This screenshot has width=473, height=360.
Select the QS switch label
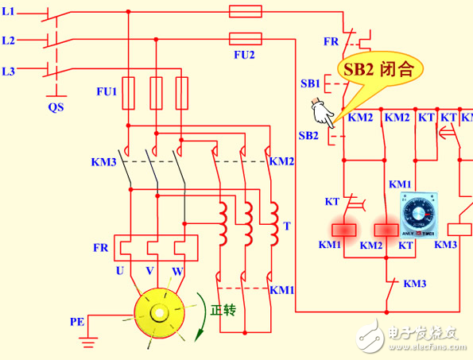(x=56, y=106)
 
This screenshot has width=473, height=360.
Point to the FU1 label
(x=107, y=91)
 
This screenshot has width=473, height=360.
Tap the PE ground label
(x=77, y=322)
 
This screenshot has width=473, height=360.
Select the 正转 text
(x=223, y=310)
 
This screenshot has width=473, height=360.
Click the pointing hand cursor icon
(x=324, y=113)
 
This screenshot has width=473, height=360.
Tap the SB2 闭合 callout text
(x=378, y=68)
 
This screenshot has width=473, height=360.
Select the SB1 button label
(x=310, y=83)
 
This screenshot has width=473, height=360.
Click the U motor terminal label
(x=122, y=271)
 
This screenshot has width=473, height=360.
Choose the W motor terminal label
(x=178, y=271)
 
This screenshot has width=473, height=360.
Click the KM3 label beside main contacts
(x=103, y=162)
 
